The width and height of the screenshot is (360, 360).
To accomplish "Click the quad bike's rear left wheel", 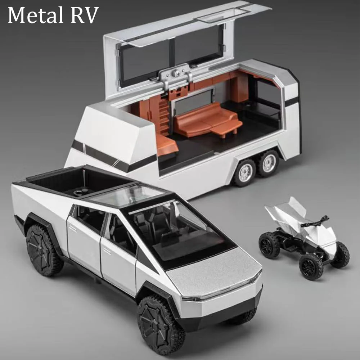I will point(269,245).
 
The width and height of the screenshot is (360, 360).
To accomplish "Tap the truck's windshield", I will point(180,230).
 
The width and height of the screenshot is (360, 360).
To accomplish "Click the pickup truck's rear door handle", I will point(73,228).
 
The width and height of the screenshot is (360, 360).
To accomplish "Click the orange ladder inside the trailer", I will point(164,115).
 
